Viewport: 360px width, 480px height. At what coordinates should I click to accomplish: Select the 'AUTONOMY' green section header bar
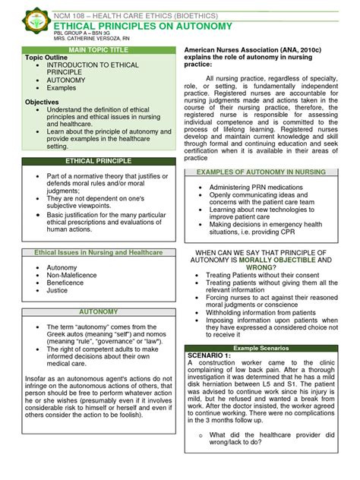[98, 312]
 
